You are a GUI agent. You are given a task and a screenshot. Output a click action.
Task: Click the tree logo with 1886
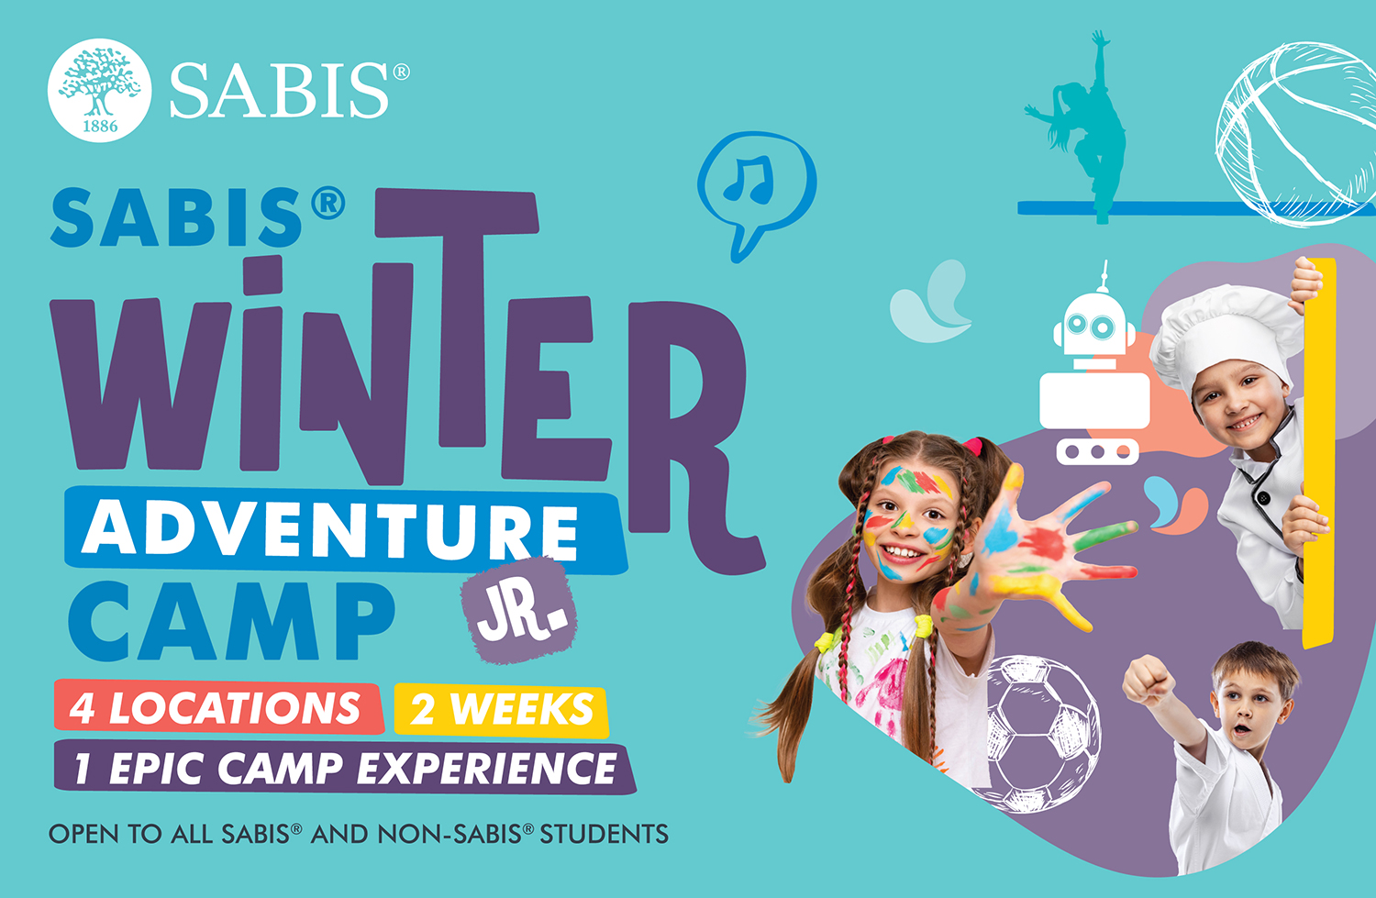(99, 91)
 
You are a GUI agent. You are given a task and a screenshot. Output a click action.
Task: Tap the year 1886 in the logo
(100, 126)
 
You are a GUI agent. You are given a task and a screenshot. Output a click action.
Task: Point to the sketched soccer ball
(1038, 734)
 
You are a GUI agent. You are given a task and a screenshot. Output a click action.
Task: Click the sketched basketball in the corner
(1296, 134)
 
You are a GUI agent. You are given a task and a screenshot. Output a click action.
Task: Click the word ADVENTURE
(330, 531)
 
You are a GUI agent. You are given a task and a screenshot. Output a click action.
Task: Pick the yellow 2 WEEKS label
(501, 710)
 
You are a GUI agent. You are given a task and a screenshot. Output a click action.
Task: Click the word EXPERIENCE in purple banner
(486, 769)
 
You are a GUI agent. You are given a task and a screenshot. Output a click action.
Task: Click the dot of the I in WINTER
(263, 275)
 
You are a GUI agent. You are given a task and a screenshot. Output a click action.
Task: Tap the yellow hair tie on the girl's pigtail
(923, 626)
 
